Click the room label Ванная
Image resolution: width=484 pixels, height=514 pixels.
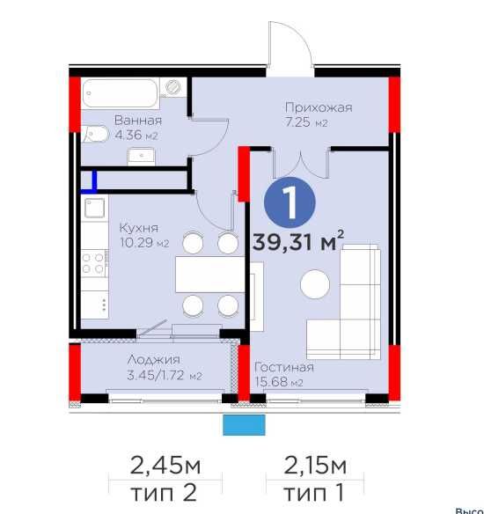coord(138,121)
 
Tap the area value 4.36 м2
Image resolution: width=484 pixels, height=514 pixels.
coord(136,135)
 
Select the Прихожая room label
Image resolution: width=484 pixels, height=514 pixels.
coord(319,107)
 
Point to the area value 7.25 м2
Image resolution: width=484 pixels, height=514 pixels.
coord(306,122)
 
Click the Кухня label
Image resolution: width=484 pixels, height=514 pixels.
coord(139,227)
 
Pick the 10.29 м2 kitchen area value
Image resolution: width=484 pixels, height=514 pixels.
coord(144,243)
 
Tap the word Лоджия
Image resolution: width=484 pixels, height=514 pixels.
coord(154,360)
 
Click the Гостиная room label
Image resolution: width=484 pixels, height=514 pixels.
coord(284,367)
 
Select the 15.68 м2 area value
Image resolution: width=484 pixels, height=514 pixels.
coord(279,382)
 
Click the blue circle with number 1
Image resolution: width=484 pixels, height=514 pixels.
coord(290,202)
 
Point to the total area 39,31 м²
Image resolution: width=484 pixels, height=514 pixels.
coord(298,241)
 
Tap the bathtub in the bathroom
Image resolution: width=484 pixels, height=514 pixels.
coord(120,93)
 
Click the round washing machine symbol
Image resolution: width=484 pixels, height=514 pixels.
coord(173,87)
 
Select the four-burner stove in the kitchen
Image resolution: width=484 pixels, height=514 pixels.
coord(94,263)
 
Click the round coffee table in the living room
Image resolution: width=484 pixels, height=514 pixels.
coord(315,284)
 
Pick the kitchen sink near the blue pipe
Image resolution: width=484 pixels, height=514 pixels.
coord(95,208)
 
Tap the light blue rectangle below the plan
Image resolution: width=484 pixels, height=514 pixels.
coord(244,425)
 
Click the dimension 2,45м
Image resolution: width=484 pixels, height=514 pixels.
coord(165,466)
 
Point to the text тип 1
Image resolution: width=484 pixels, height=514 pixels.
coord(314,492)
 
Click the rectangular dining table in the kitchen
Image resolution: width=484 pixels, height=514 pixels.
coord(210,275)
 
